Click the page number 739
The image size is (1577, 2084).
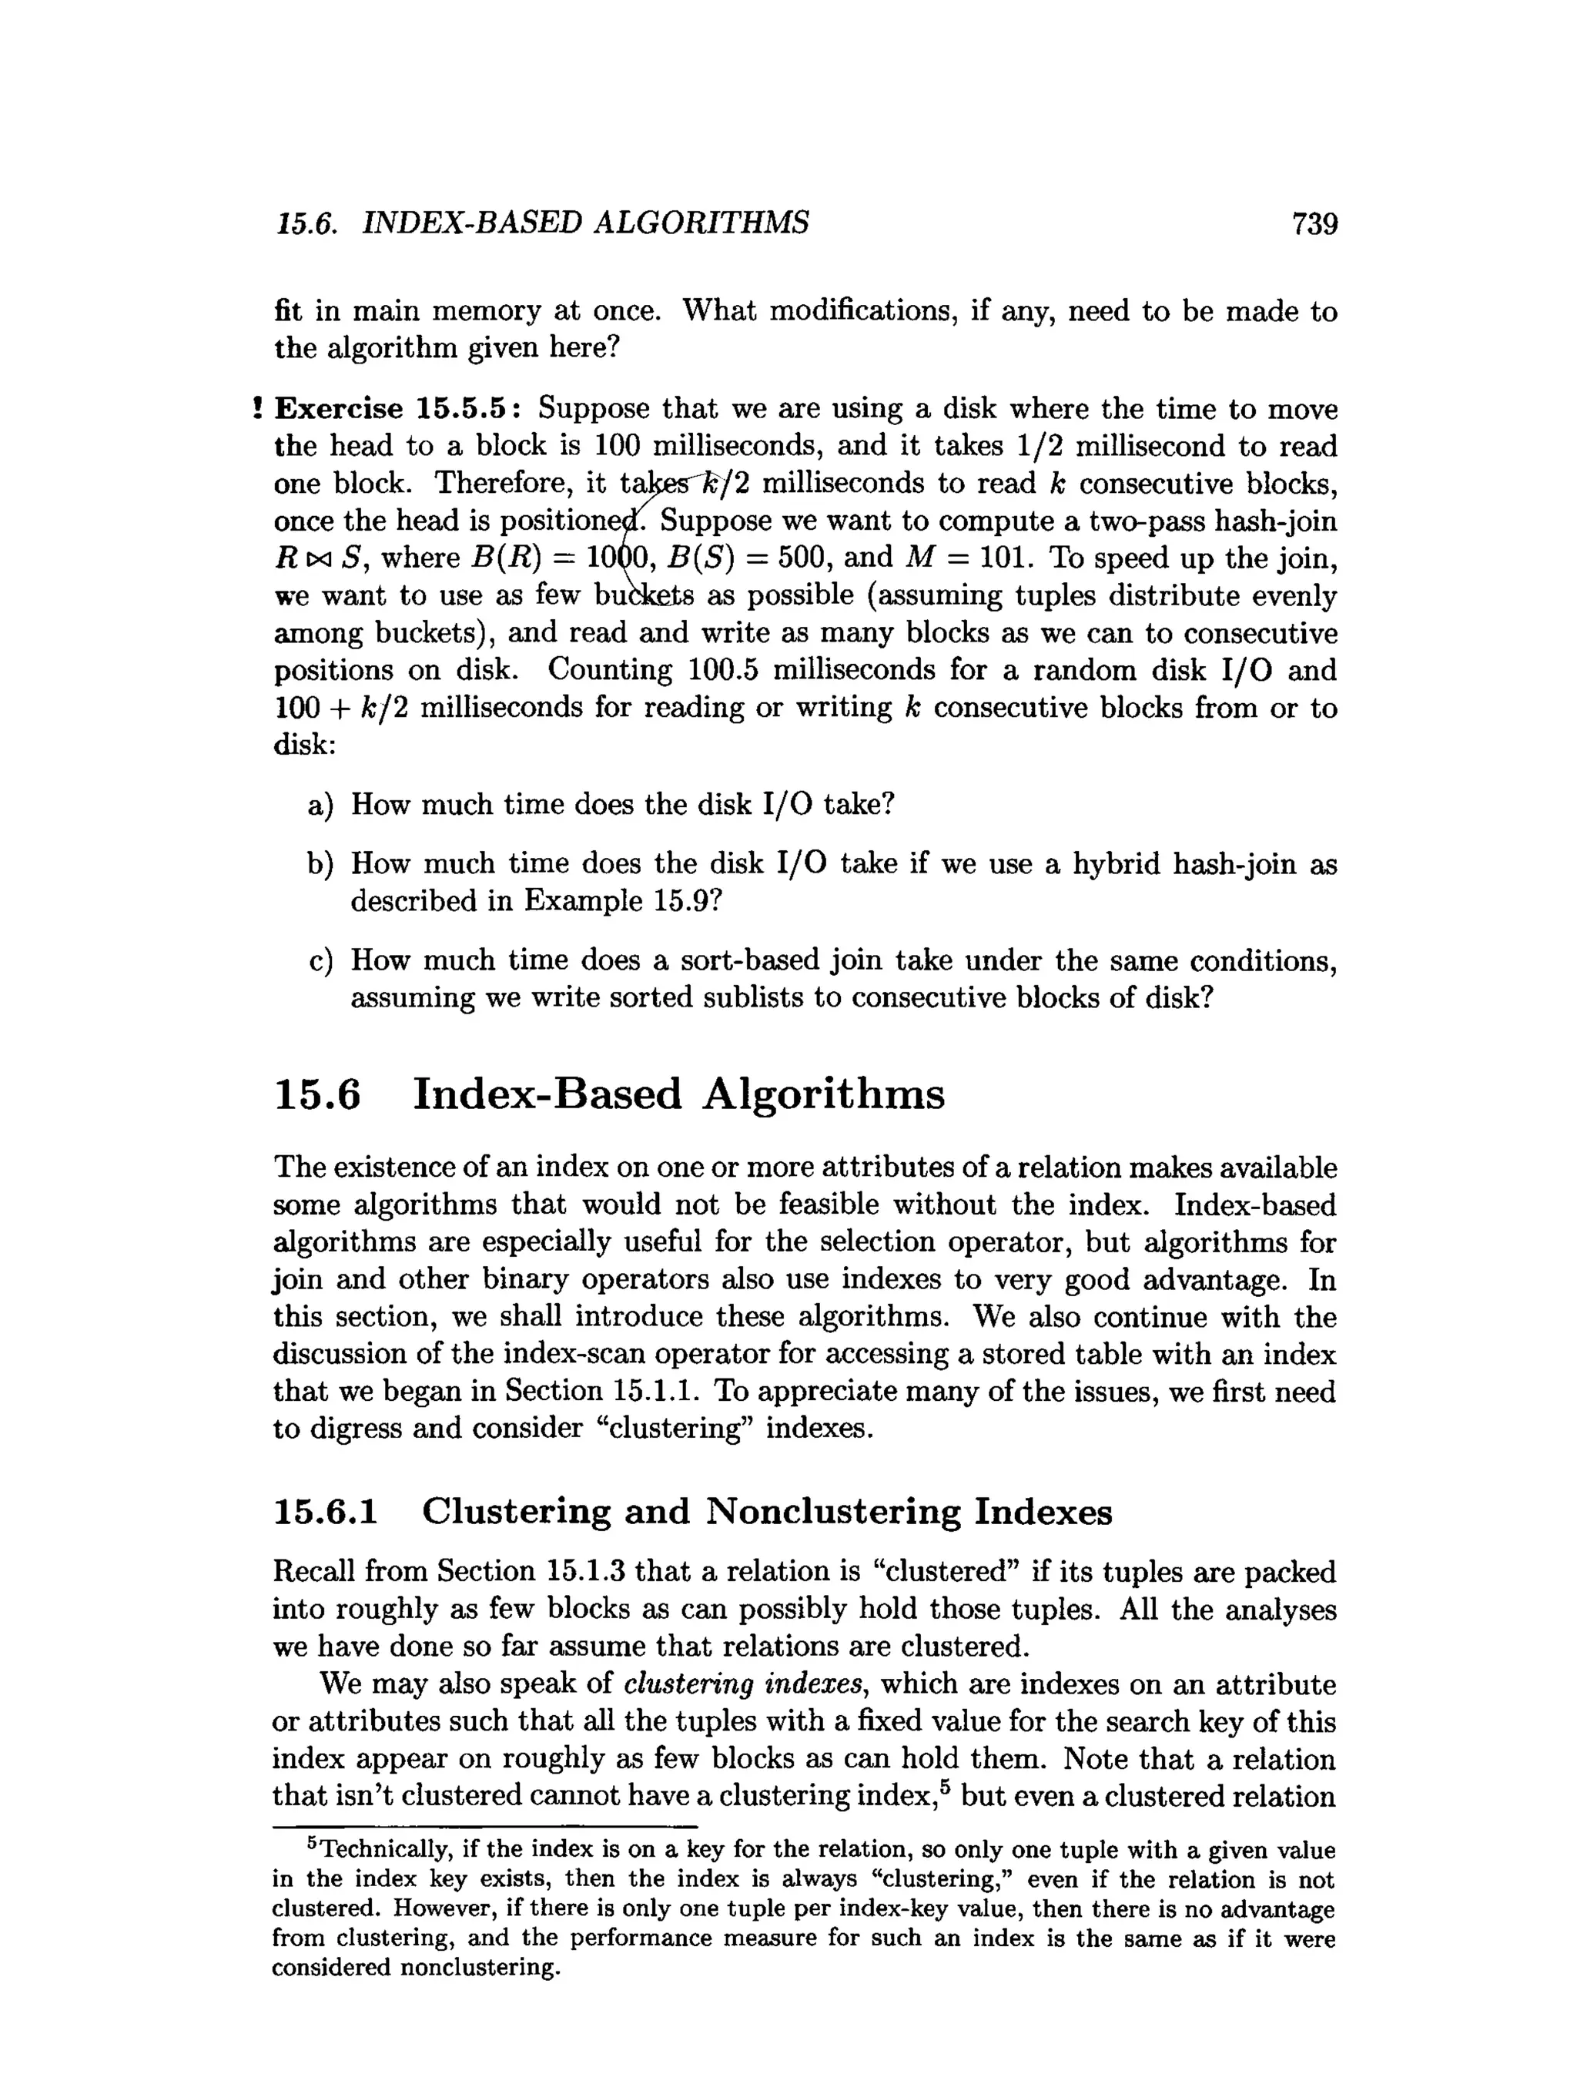tap(1314, 223)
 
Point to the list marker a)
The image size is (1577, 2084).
tap(320, 806)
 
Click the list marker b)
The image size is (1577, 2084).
tap(320, 865)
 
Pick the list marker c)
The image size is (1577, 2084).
tap(320, 962)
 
